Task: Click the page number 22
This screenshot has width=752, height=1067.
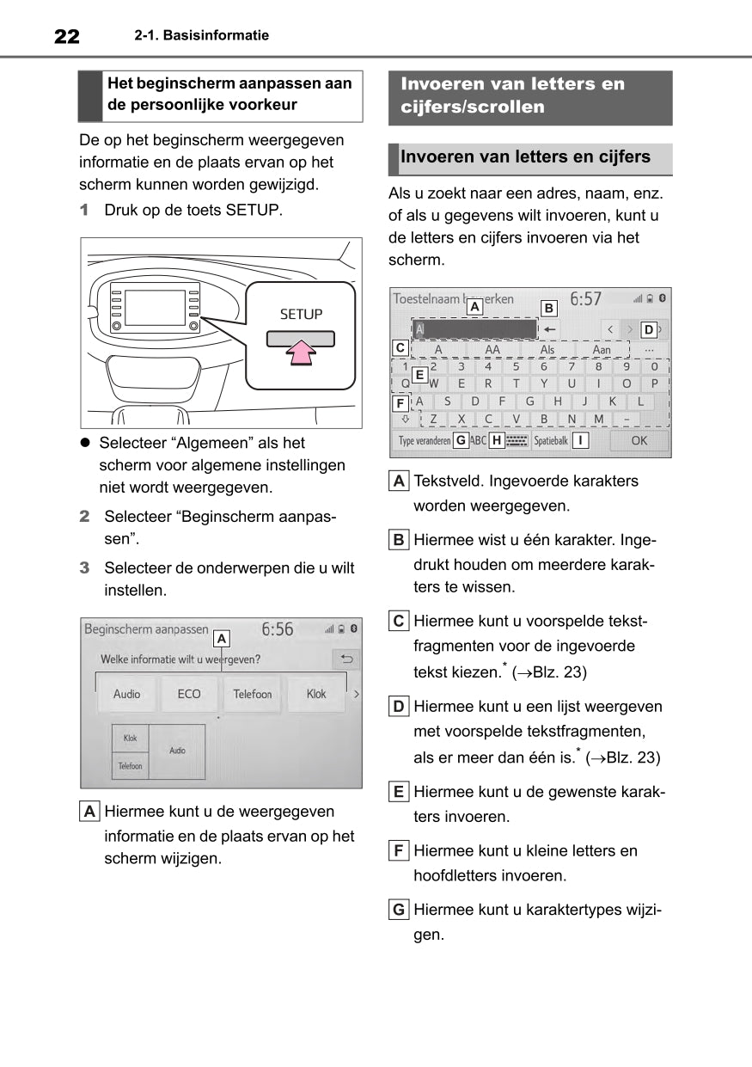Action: click(x=66, y=36)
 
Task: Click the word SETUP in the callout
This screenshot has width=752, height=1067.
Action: click(x=301, y=315)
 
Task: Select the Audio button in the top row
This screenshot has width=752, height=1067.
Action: click(x=127, y=694)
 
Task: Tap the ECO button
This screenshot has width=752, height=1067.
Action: click(x=189, y=694)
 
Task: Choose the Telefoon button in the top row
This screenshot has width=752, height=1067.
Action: click(x=252, y=694)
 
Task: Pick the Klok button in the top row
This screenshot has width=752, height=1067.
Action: click(x=316, y=694)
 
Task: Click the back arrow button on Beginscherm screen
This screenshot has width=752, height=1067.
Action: click(x=346, y=659)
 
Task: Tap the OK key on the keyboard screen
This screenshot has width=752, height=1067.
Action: click(x=639, y=440)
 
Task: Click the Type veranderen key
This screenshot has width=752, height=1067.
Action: click(x=424, y=440)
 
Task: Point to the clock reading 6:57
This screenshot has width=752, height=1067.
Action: click(x=586, y=299)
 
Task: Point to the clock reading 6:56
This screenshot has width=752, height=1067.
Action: click(x=277, y=629)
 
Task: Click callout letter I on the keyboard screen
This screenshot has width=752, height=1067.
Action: click(x=582, y=440)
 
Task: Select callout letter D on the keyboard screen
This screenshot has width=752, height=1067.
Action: click(x=648, y=328)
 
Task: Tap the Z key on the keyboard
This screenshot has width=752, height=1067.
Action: click(x=434, y=419)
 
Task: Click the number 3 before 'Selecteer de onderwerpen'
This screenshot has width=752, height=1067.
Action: click(x=84, y=568)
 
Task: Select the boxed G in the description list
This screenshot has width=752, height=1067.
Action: click(x=399, y=910)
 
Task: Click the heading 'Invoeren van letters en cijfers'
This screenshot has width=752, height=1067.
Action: click(x=525, y=157)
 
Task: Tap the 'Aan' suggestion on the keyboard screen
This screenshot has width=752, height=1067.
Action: click(x=602, y=350)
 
